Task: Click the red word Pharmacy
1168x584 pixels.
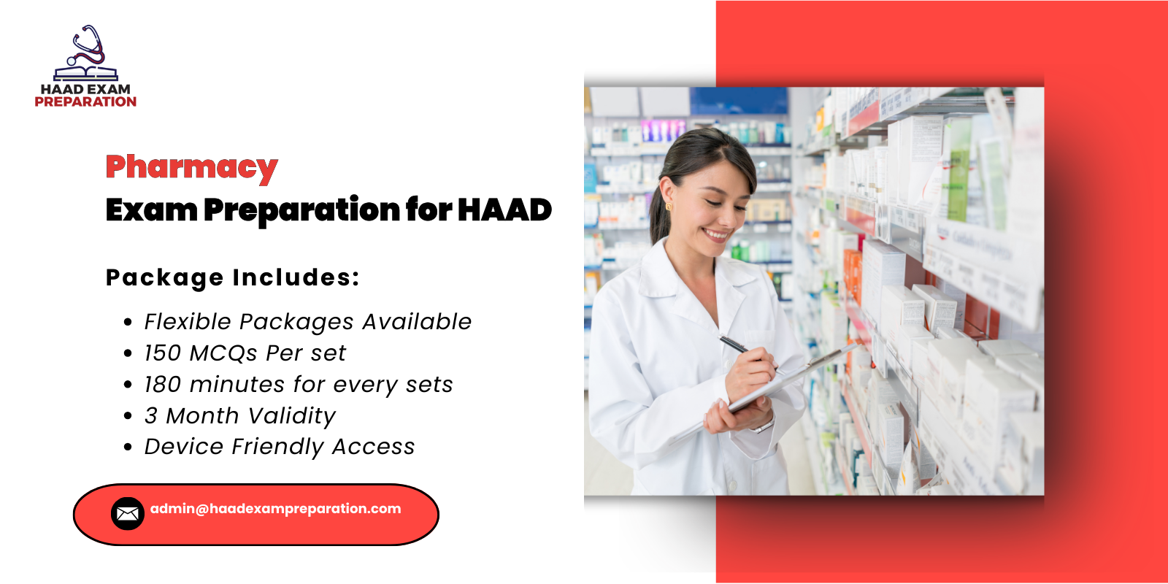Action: point(191,167)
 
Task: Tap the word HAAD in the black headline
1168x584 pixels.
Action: point(504,210)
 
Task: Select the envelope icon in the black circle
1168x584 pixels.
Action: point(128,514)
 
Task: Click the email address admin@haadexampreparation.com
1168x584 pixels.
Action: point(275,509)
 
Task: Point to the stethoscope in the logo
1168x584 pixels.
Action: point(88,47)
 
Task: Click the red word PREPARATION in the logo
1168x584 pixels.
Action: point(85,102)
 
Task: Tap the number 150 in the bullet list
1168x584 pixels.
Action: point(162,353)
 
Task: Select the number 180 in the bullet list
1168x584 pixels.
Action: point(162,385)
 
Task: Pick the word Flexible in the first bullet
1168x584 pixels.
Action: point(188,322)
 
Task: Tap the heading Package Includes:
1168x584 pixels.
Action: point(233,277)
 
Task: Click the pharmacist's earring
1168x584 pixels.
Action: point(668,207)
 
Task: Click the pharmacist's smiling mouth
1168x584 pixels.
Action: point(716,235)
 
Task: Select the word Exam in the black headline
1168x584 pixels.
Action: point(151,210)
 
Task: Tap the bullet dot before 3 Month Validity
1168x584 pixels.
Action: point(128,416)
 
